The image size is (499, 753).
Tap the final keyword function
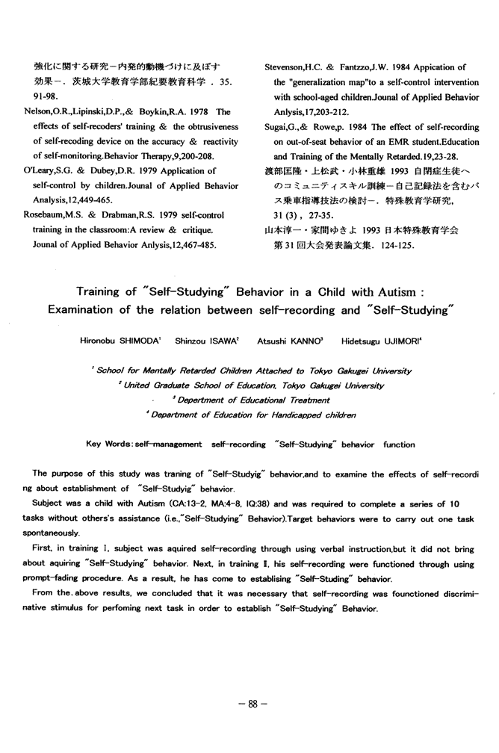[399, 444]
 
